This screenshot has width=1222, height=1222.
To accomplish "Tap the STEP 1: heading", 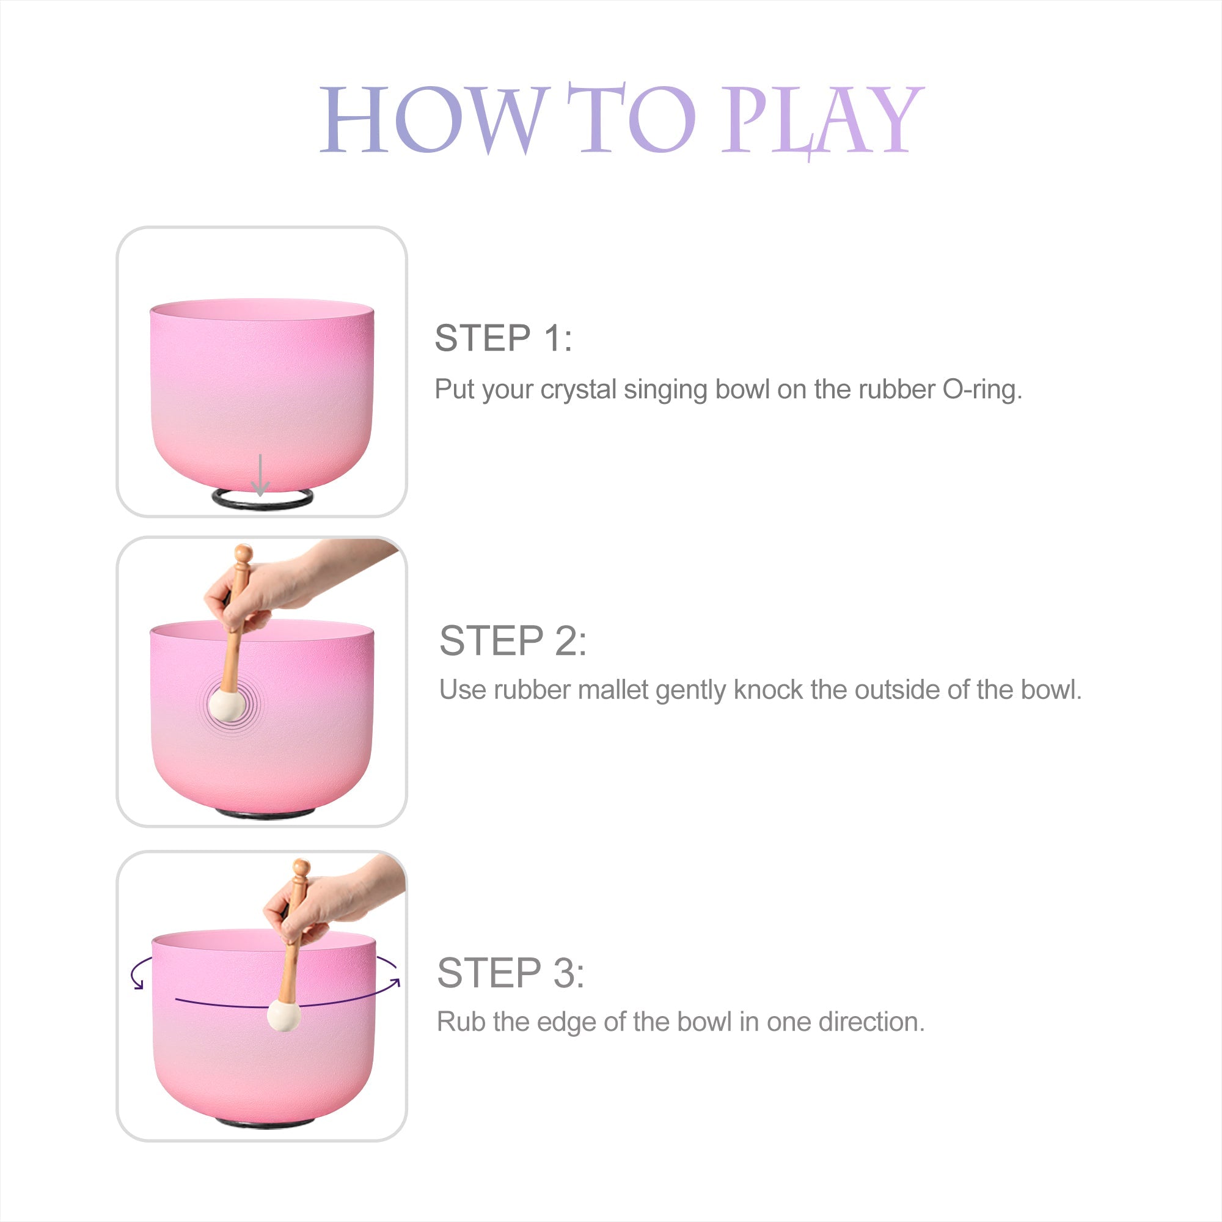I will [x=503, y=338].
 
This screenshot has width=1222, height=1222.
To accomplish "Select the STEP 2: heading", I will [x=513, y=641].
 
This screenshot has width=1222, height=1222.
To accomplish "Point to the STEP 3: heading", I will [x=510, y=973].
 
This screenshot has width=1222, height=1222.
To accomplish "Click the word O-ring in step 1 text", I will [x=982, y=390].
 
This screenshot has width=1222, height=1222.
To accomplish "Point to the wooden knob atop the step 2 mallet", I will [x=244, y=554].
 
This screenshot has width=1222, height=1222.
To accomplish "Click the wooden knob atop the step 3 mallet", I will [x=302, y=868].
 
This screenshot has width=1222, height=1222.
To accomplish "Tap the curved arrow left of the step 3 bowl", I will [x=139, y=973].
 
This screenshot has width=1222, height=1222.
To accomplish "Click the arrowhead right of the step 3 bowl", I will [x=395, y=982].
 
